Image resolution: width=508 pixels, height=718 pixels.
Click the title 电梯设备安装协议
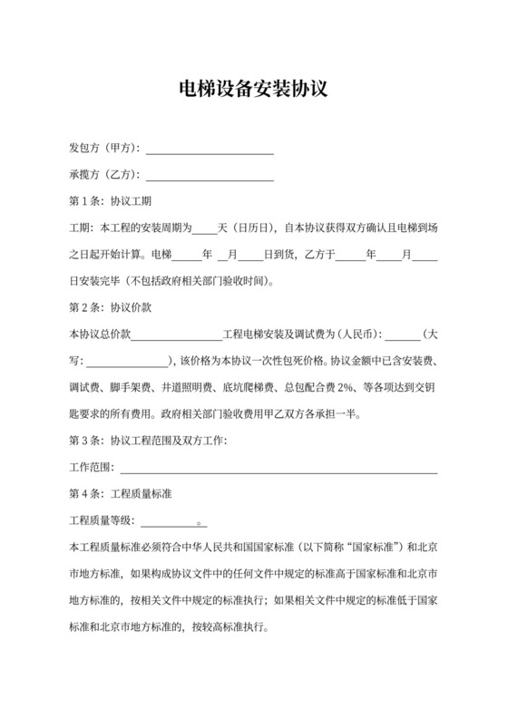click(x=253, y=91)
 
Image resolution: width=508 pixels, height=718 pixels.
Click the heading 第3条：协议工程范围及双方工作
click(x=148, y=441)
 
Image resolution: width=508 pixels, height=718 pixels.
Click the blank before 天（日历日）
click(x=205, y=230)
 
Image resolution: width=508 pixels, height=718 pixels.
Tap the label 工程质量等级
click(x=102, y=521)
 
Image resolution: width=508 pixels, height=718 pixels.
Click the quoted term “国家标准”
click(x=371, y=548)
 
